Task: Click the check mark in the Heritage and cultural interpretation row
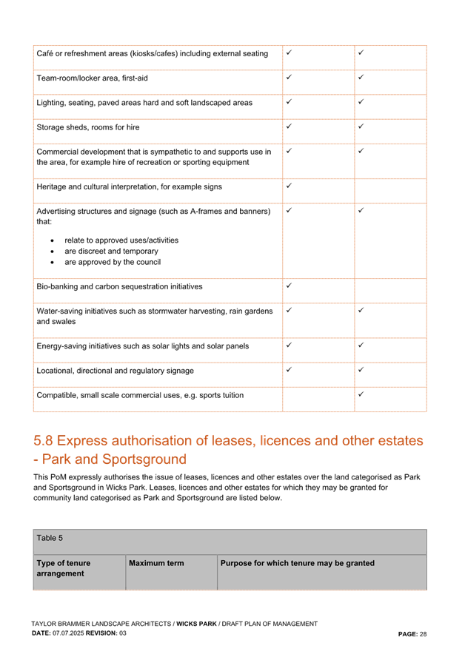289,186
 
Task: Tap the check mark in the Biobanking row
289,284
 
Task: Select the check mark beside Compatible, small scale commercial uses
361,394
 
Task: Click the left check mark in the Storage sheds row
289,126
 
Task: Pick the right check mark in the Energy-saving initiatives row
361,345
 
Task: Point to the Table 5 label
50,538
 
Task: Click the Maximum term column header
156,564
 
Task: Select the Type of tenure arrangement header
64,568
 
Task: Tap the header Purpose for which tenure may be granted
297,564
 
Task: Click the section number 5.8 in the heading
43,442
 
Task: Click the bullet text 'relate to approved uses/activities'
121,240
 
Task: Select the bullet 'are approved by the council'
112,262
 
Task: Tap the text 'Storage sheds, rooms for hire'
87,127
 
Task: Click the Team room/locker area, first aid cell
93,78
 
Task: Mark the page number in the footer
412,634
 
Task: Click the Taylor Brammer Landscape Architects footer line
174,624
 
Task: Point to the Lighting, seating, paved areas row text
144,103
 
